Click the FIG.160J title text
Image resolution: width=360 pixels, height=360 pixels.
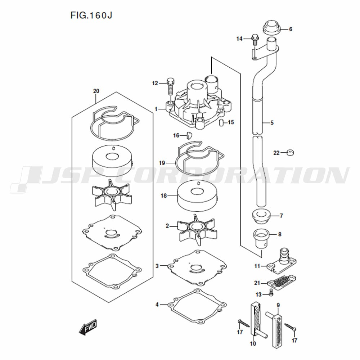click(x=91, y=15)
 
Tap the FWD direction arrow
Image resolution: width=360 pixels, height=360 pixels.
click(x=88, y=327)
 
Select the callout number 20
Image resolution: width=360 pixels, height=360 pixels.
click(x=96, y=91)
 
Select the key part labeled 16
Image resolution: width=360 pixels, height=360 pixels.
click(x=189, y=136)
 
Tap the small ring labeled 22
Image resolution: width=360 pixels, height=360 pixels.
click(x=290, y=153)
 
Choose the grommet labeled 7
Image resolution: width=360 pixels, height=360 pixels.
click(x=261, y=217)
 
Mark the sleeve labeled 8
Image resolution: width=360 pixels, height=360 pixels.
click(x=261, y=239)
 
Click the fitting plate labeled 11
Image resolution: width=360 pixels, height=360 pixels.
click(x=282, y=262)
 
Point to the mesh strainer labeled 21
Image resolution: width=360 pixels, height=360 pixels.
click(x=282, y=281)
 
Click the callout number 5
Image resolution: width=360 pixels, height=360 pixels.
click(x=272, y=123)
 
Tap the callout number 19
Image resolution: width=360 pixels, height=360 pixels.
click(x=162, y=163)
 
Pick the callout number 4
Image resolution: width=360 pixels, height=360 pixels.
click(x=157, y=305)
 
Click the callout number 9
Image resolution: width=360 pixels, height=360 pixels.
click(x=278, y=305)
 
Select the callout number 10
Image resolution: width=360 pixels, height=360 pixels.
click(x=253, y=344)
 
